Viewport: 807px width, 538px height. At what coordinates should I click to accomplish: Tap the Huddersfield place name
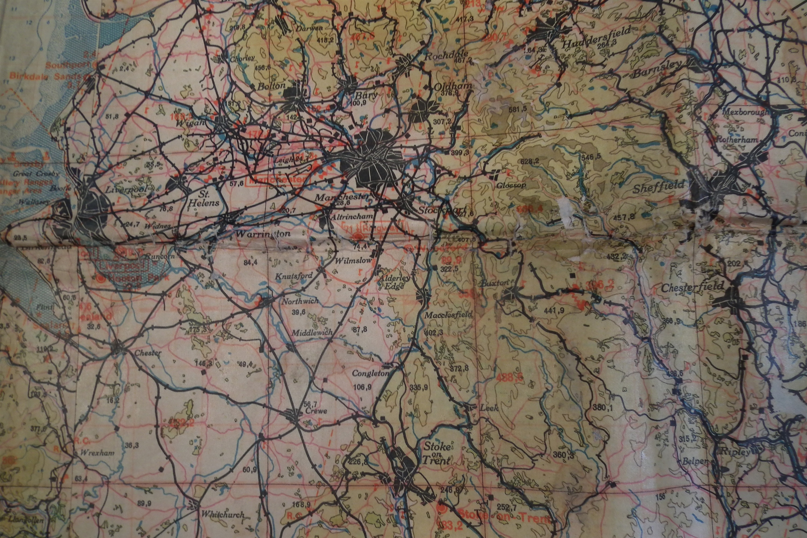(597, 38)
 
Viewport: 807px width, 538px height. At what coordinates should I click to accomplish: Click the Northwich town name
(300, 301)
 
